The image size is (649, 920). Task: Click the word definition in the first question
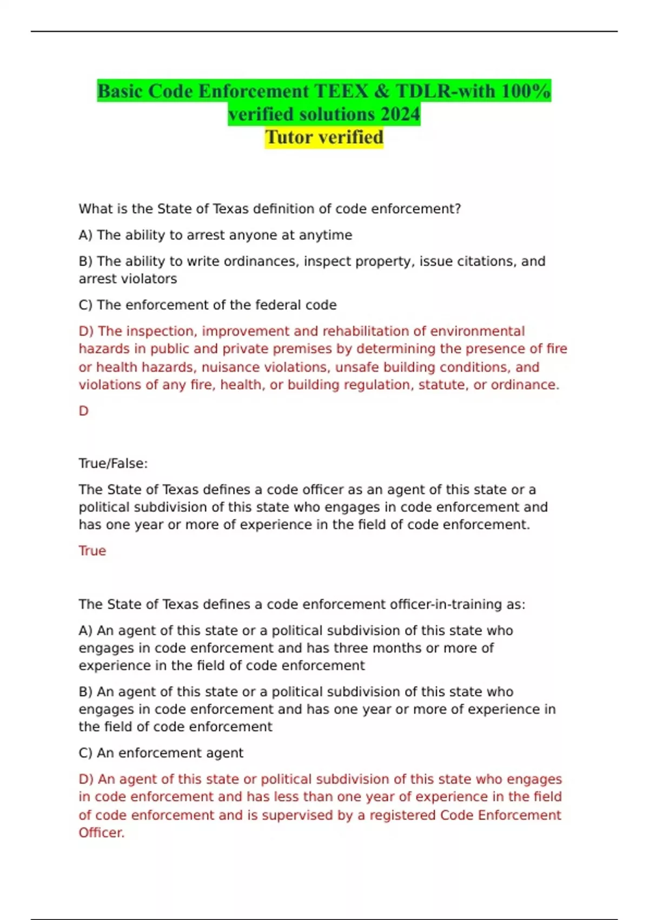click(280, 209)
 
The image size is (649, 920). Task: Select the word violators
click(151, 279)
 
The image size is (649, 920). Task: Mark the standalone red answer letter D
click(83, 411)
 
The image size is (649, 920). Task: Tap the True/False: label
click(113, 464)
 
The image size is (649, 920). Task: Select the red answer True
click(92, 551)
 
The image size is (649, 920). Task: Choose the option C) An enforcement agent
click(161, 753)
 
